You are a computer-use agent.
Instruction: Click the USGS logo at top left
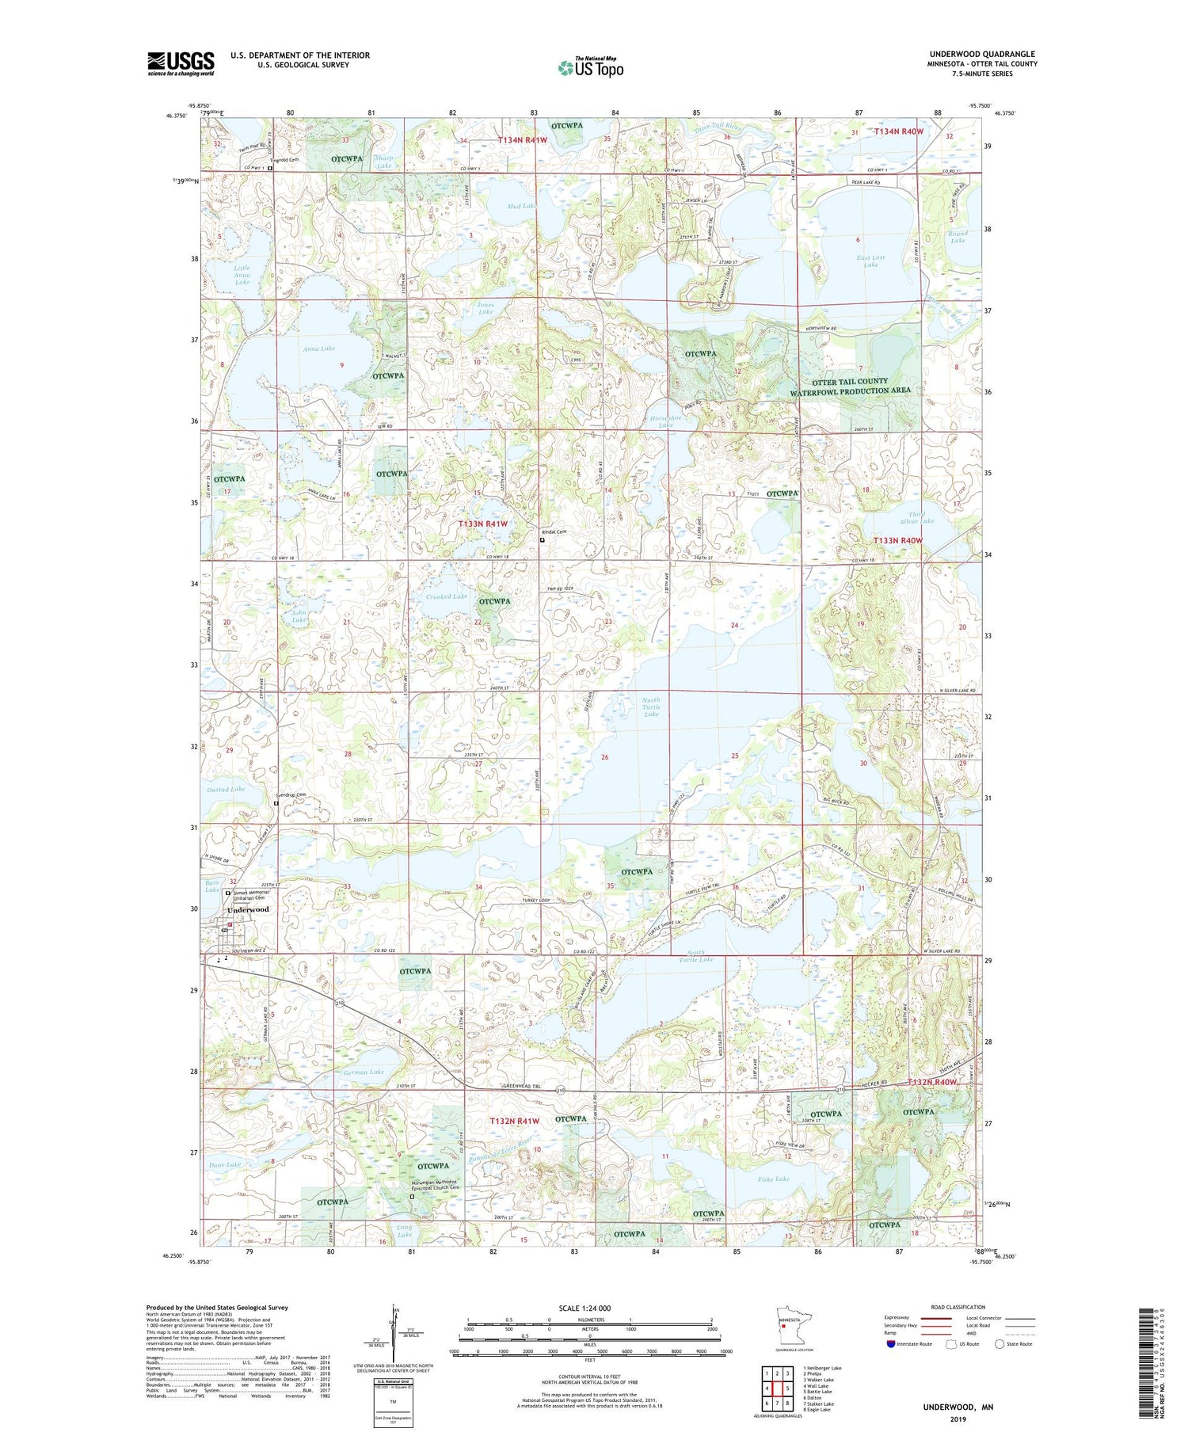181,63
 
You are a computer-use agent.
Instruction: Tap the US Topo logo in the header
590,67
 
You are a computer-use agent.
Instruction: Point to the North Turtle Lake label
651,707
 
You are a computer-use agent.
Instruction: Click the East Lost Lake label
870,261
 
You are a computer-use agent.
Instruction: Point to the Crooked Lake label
447,596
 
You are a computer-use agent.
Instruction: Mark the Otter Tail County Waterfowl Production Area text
850,386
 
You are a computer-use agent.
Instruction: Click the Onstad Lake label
226,789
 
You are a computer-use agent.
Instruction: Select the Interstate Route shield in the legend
891,1344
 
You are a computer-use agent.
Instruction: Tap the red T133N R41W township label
484,524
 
